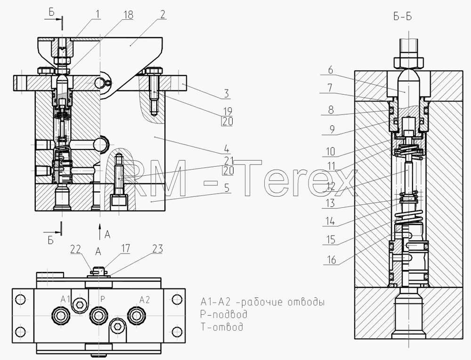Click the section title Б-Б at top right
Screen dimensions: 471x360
pos(403,16)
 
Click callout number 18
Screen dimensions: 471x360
pos(128,15)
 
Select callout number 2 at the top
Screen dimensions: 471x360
pos(162,15)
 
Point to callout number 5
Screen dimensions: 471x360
pos(227,188)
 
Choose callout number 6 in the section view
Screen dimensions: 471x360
pos(331,70)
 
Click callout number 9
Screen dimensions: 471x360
pos(332,130)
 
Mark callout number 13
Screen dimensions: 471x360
pos(330,204)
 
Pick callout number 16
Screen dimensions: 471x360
pos(331,260)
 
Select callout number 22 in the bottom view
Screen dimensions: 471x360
pos(76,249)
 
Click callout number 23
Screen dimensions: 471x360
pos(157,249)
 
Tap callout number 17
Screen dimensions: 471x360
pos(126,248)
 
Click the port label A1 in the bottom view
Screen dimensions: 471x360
pos(65,299)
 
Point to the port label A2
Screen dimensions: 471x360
pos(145,300)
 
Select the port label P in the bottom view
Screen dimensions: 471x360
pos(103,299)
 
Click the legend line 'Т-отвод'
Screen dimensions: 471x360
pos(222,327)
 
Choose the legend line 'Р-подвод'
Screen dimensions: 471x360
pos(224,314)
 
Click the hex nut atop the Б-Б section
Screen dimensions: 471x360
pos(409,62)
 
